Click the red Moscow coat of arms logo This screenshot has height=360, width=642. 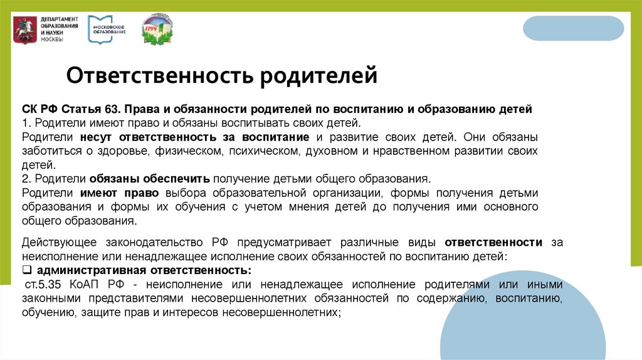pyautogui.click(x=26, y=29)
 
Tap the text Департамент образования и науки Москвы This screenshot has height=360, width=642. pyautogui.click(x=60, y=29)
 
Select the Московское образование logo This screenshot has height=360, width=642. pyautogui.click(x=107, y=29)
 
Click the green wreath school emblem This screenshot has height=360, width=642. pyautogui.click(x=157, y=29)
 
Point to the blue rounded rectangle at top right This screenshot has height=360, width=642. pyautogui.click(x=573, y=28)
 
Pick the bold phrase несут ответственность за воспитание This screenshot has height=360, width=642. pyautogui.click(x=194, y=137)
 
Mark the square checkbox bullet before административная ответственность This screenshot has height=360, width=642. pyautogui.click(x=27, y=270)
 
